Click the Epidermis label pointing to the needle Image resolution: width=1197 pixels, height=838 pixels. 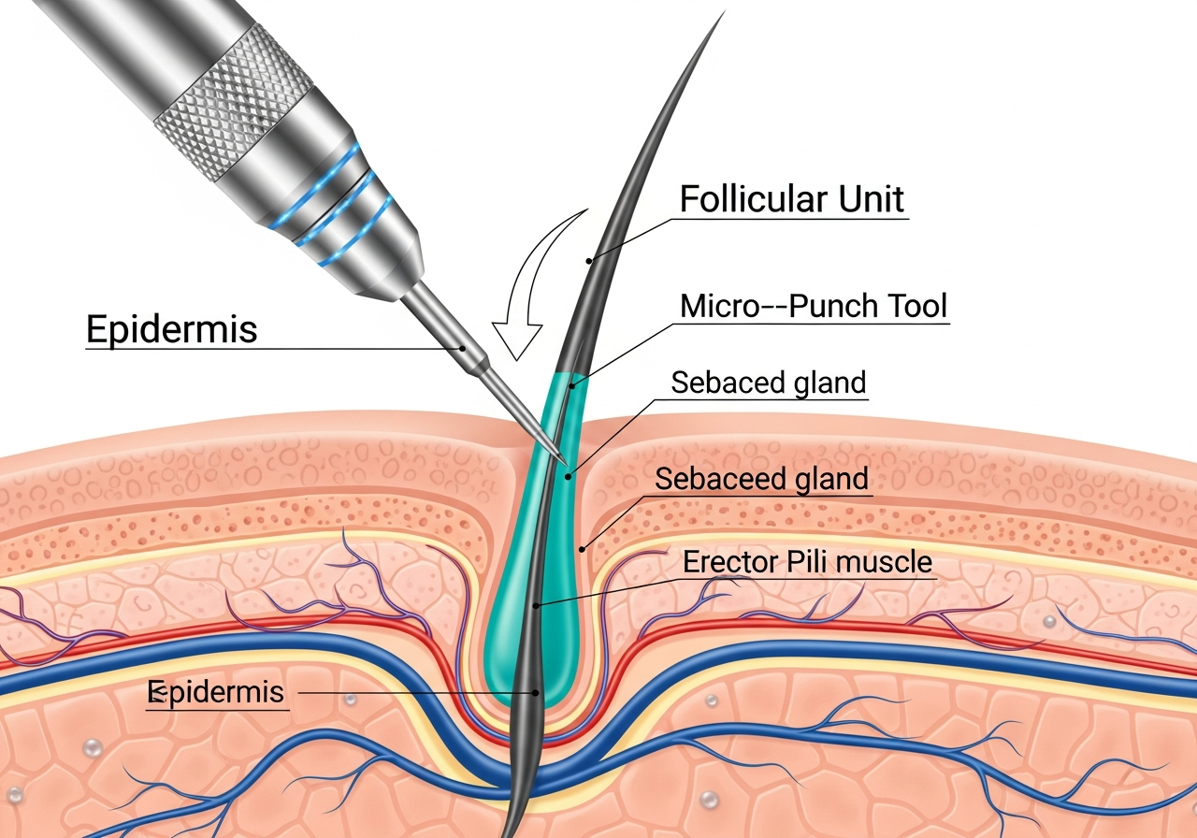pos(171,329)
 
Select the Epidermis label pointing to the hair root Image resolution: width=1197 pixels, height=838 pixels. pos(217,693)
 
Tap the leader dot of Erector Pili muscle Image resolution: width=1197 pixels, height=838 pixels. pos(536,606)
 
